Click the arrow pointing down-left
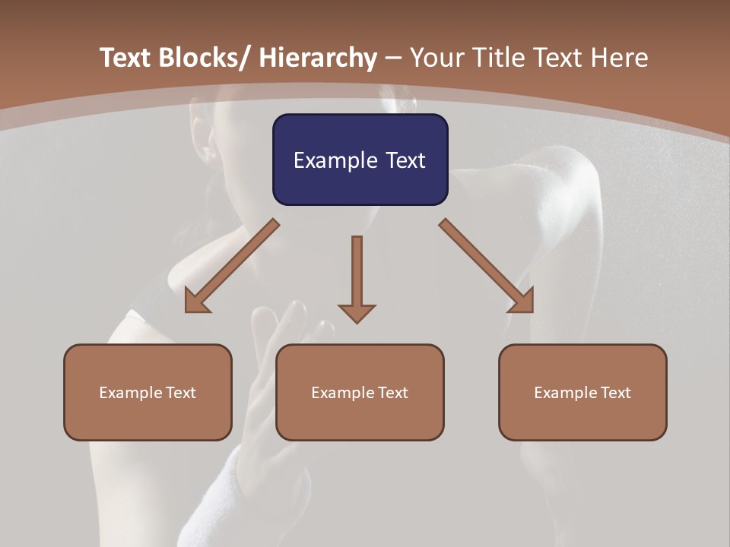[233, 266]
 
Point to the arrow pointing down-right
[487, 266]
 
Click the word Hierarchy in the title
[317, 58]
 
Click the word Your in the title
[435, 58]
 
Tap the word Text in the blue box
[405, 160]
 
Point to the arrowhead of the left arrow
[198, 301]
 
